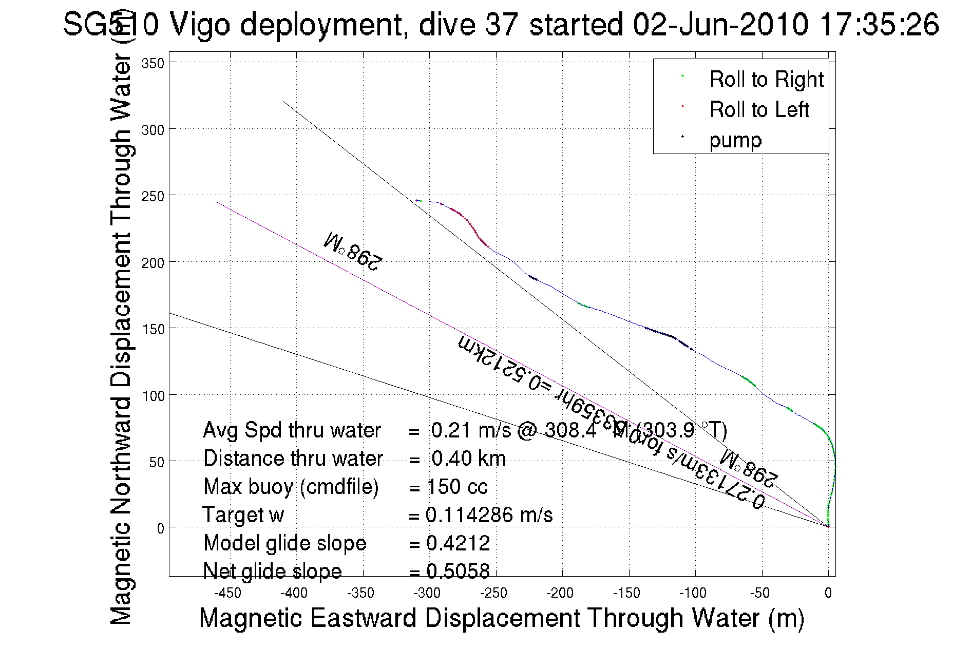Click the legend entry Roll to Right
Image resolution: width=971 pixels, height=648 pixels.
coord(766,80)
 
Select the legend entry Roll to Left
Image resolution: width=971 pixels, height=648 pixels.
coord(759,110)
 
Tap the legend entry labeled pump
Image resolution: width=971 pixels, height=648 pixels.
coord(735,140)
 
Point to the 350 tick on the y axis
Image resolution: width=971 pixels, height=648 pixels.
coord(153,64)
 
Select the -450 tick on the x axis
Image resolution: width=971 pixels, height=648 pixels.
coord(227,594)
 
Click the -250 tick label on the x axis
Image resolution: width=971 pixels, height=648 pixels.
coord(494,594)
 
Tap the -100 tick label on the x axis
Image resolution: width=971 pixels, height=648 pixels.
coord(693,594)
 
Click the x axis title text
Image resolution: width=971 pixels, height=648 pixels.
coord(501,618)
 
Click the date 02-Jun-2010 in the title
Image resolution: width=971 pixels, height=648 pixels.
coord(720,24)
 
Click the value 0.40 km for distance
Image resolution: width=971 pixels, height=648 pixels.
coord(468,459)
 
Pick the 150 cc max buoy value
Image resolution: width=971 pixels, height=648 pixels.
coord(457,487)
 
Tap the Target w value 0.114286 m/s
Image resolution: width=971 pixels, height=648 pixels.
coord(489,515)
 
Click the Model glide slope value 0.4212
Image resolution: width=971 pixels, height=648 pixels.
coord(458,543)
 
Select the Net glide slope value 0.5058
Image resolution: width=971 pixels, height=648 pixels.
coord(458,571)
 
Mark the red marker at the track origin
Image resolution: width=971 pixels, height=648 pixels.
coord(828,526)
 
